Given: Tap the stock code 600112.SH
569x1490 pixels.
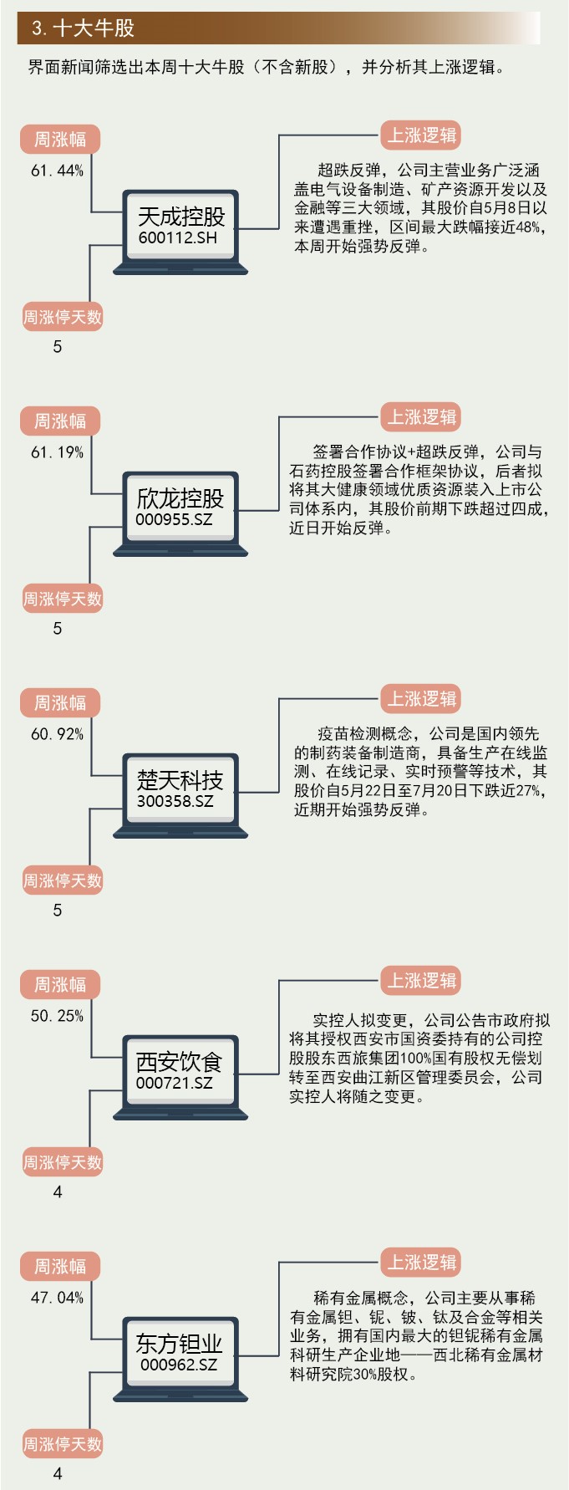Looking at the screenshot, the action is tap(178, 238).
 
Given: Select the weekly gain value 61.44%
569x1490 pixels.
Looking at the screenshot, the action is tap(57, 171).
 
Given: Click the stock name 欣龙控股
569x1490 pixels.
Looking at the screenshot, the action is tap(180, 498).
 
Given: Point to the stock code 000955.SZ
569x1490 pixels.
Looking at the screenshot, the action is tap(174, 519).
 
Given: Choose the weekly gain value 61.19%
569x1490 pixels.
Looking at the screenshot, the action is tap(57, 452).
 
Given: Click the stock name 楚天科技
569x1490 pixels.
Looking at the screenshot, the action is tap(180, 780).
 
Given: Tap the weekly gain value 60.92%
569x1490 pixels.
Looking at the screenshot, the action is tap(57, 734).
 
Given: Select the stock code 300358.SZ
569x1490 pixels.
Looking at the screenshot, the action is tap(175, 801).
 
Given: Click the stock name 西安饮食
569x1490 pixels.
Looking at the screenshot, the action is tap(180, 1062).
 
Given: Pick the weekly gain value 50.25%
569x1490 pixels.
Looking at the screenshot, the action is tap(57, 1016).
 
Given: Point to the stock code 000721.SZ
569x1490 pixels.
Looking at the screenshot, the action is tap(174, 1083).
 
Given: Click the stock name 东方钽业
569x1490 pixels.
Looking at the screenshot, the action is tap(180, 1344).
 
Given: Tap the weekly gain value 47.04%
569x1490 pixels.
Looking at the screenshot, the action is tap(57, 1298).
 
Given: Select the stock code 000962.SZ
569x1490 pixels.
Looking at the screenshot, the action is tap(178, 1365).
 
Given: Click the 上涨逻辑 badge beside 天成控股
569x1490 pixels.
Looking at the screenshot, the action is tap(421, 135).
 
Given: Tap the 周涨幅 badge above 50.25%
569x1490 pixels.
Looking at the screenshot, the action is tap(59, 985).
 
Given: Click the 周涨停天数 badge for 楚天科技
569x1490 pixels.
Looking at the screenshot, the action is tap(62, 880).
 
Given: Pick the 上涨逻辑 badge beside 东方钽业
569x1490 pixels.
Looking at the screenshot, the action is tap(421, 1263).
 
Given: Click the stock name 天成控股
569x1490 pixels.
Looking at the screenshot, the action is tap(181, 217).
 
